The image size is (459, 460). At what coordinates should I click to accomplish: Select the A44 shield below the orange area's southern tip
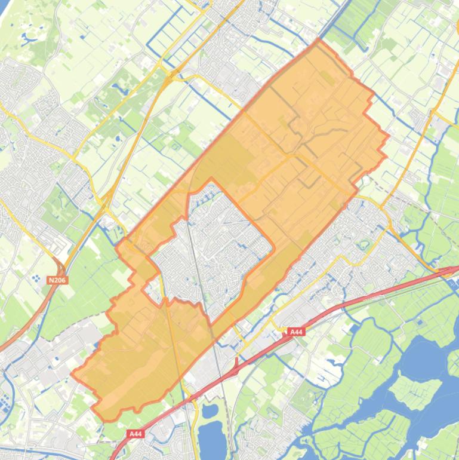point(136,434)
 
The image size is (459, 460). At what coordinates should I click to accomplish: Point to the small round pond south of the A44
point(210,410)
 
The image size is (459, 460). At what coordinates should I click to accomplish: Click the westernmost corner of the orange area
point(72,375)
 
